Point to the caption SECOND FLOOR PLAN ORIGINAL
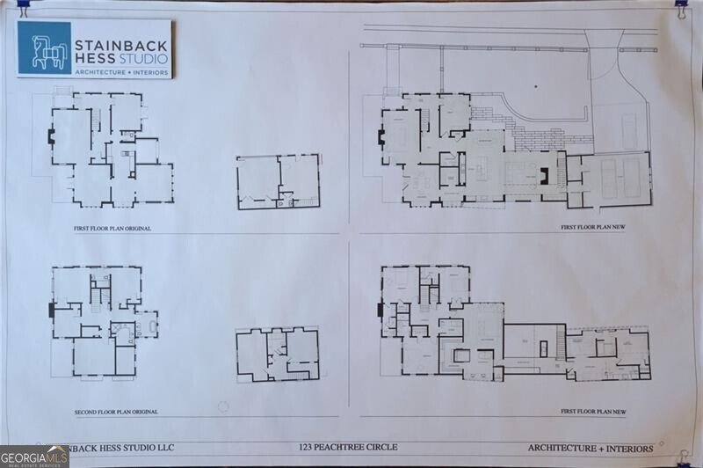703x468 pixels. click(x=115, y=412)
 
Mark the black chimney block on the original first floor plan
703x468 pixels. click(x=51, y=137)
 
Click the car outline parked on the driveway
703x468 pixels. click(x=630, y=130)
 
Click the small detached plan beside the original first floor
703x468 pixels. click(x=278, y=182)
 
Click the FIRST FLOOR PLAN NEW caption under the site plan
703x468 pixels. click(x=593, y=228)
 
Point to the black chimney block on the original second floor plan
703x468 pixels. click(x=52, y=310)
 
